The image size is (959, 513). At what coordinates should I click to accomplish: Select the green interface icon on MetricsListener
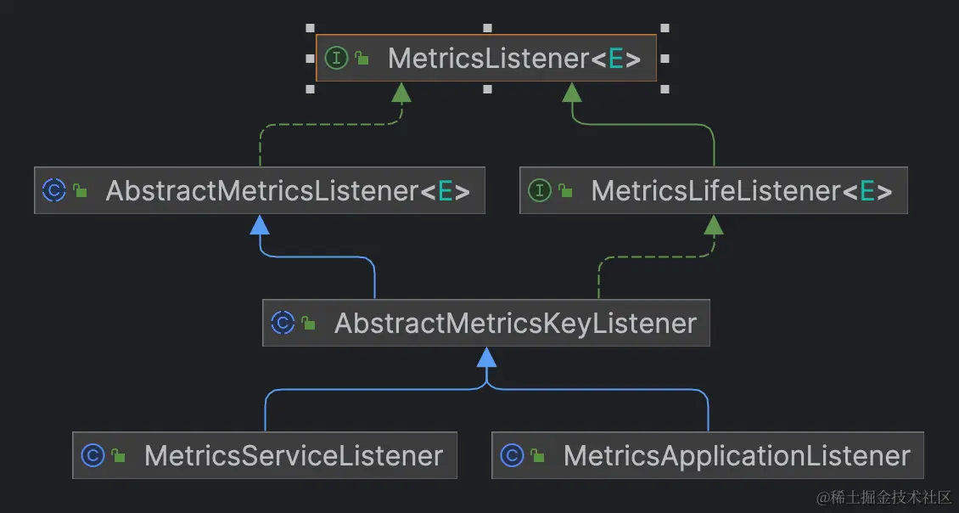tap(337, 59)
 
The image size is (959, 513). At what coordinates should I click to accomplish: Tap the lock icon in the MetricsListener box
tap(362, 59)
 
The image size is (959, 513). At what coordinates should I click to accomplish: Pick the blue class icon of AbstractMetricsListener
tap(53, 190)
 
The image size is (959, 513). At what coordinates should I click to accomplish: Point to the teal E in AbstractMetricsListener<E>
tap(445, 191)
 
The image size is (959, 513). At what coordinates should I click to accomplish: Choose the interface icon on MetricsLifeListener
tap(540, 190)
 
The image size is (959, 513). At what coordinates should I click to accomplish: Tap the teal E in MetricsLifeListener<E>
tap(867, 191)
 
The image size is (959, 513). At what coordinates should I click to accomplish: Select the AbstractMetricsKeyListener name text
tap(515, 324)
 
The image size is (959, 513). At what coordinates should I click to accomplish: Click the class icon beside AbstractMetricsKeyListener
tap(283, 324)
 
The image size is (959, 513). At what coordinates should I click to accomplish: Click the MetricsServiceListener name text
tap(294, 456)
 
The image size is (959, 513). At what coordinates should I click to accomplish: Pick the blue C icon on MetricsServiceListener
tap(92, 456)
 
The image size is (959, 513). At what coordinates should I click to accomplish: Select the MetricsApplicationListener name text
tap(737, 456)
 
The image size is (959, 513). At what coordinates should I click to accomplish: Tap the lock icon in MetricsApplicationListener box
tap(537, 457)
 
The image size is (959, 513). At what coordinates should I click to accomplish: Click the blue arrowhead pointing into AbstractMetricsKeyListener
tap(486, 357)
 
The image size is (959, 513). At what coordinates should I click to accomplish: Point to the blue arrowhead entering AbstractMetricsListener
tap(260, 224)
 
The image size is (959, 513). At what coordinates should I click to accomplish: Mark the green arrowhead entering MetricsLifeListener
tap(714, 224)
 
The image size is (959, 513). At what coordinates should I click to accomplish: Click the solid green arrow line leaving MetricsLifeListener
tap(714, 149)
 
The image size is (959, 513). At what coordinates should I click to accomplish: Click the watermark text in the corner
tap(883, 497)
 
